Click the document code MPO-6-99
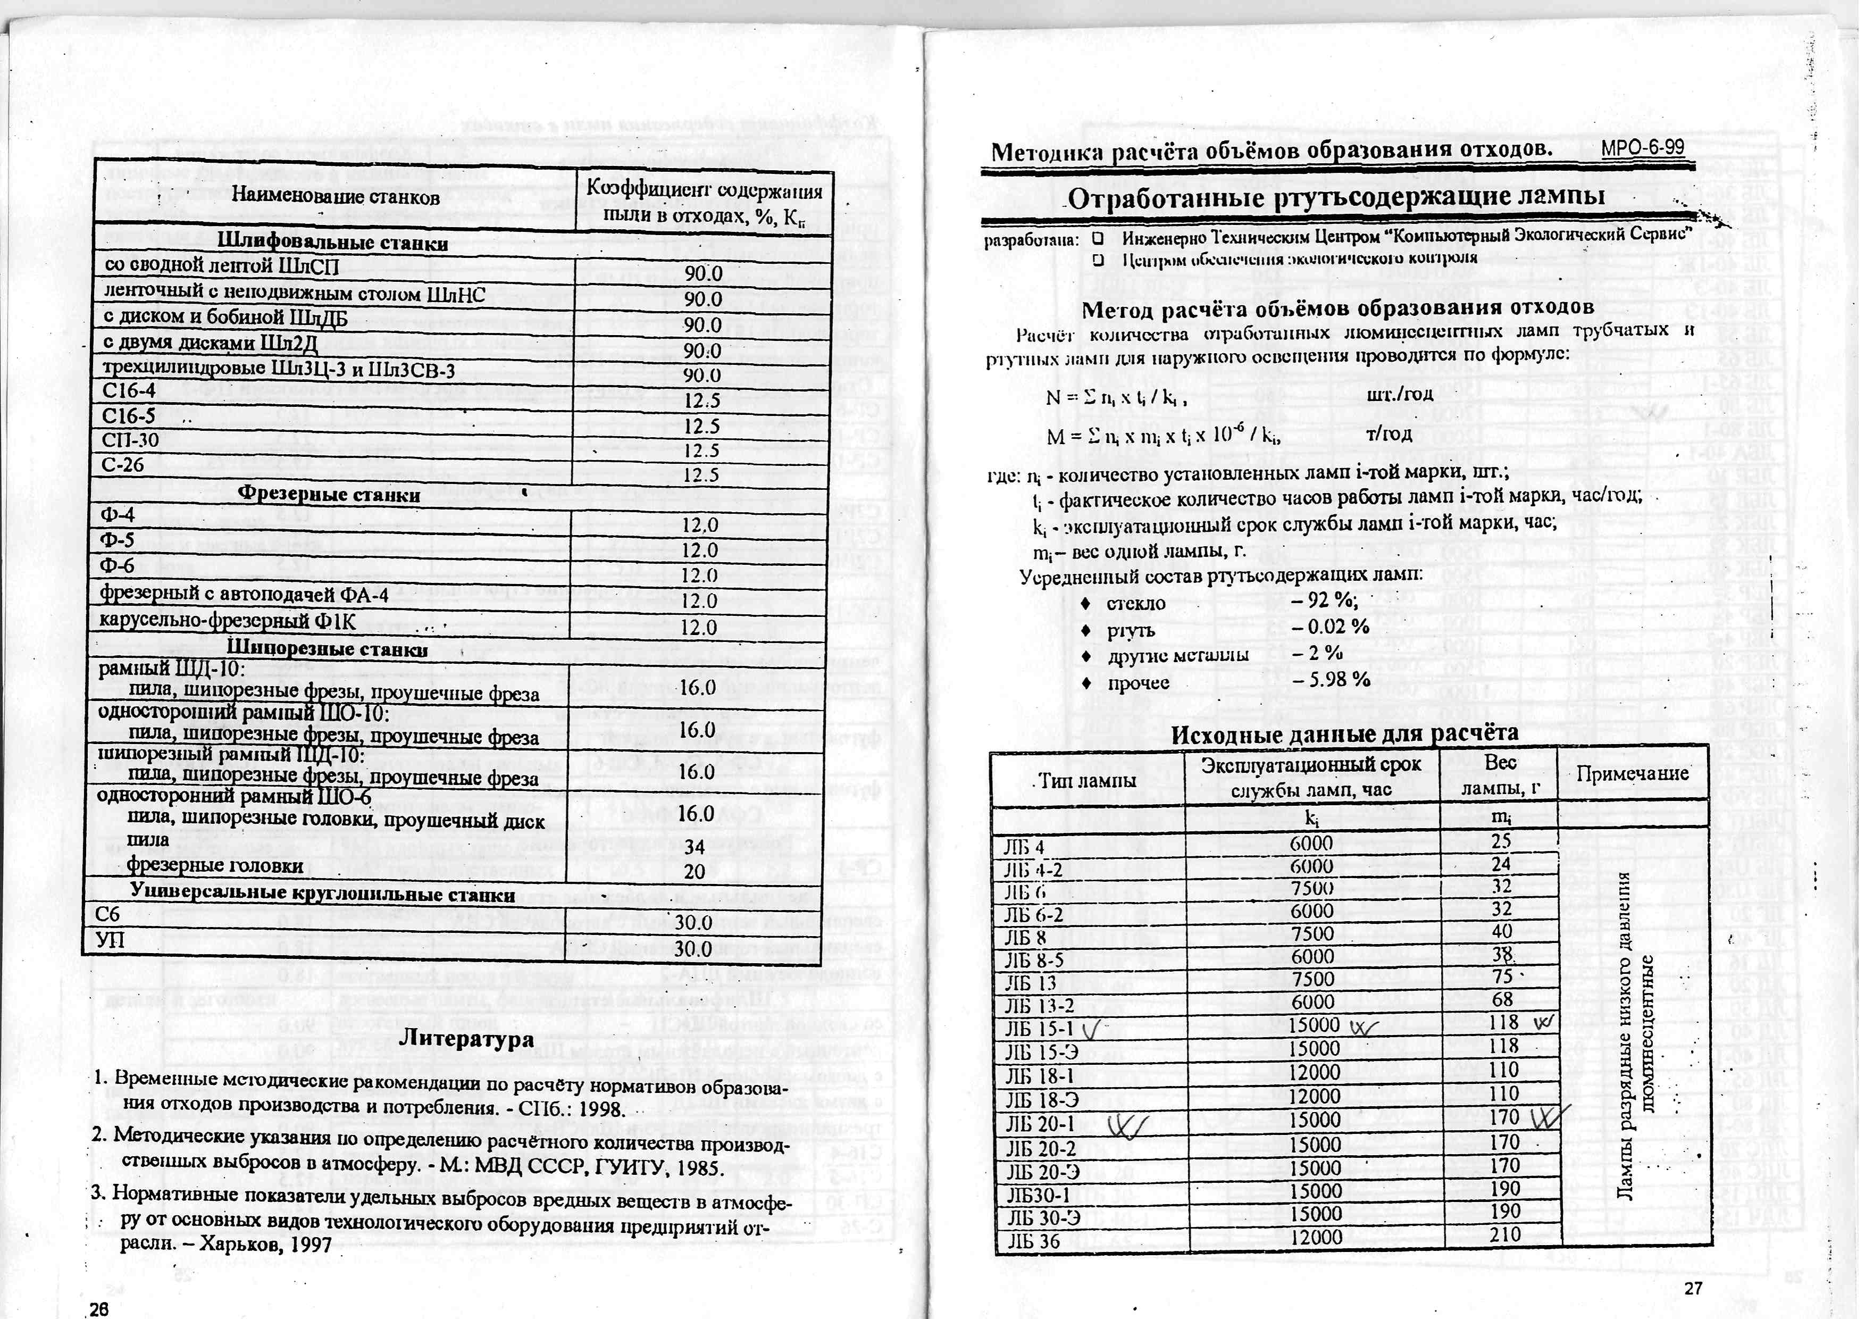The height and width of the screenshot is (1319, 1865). pos(1642,148)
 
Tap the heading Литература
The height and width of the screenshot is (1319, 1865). pos(467,1038)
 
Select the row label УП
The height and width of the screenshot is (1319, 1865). pos(107,940)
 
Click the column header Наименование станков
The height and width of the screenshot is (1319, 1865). pos(336,197)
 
